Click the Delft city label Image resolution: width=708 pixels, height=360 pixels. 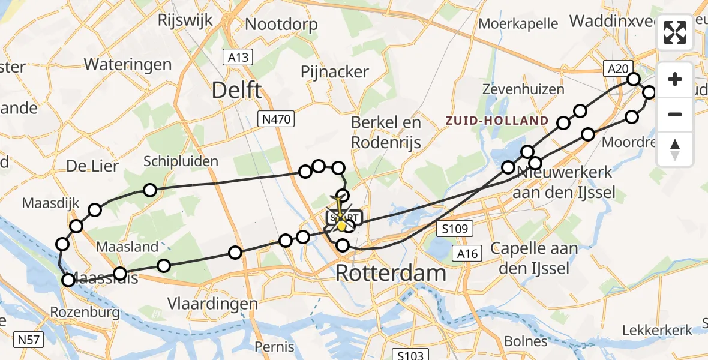tap(236, 91)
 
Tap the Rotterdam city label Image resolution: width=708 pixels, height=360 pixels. tap(391, 273)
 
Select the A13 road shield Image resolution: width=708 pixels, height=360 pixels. tap(238, 58)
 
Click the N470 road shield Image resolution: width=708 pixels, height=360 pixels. tap(276, 119)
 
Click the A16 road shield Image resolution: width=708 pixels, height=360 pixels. tap(466, 254)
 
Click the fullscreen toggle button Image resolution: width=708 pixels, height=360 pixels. tap(675, 32)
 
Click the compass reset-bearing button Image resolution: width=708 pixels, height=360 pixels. tap(675, 149)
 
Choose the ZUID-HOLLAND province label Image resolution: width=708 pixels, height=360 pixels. tap(497, 121)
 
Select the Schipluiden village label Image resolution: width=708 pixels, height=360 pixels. tap(181, 161)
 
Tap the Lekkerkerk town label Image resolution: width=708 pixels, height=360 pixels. tap(657, 329)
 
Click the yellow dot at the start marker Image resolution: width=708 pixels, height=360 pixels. tap(342, 226)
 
